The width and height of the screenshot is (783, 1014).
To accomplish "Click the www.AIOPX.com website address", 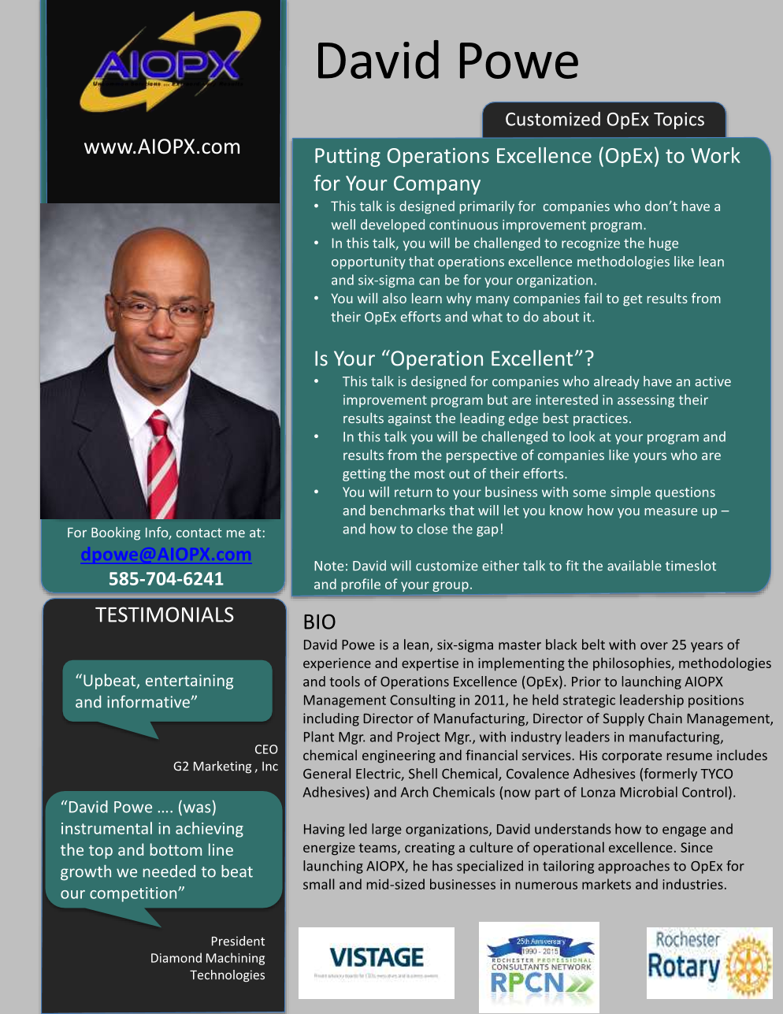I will [x=162, y=147].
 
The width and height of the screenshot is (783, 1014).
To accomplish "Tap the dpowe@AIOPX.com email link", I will [x=165, y=555].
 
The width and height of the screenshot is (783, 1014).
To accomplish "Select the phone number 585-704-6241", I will [x=165, y=579].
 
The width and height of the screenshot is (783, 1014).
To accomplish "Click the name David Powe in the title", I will [x=447, y=61].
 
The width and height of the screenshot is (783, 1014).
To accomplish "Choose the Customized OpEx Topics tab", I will [x=604, y=120].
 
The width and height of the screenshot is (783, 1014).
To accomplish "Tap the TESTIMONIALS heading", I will [x=165, y=615].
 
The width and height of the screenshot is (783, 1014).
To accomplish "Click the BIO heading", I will [x=319, y=622].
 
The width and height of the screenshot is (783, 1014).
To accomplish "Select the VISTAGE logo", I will [x=377, y=962].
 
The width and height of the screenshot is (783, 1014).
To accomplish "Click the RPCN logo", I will [x=539, y=968].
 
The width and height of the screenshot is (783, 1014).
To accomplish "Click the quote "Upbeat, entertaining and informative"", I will [x=154, y=691].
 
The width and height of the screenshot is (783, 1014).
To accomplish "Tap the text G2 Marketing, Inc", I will [x=225, y=767].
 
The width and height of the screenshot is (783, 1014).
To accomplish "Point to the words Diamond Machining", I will [x=207, y=958].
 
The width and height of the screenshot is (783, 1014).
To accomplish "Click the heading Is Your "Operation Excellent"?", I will [x=453, y=359].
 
